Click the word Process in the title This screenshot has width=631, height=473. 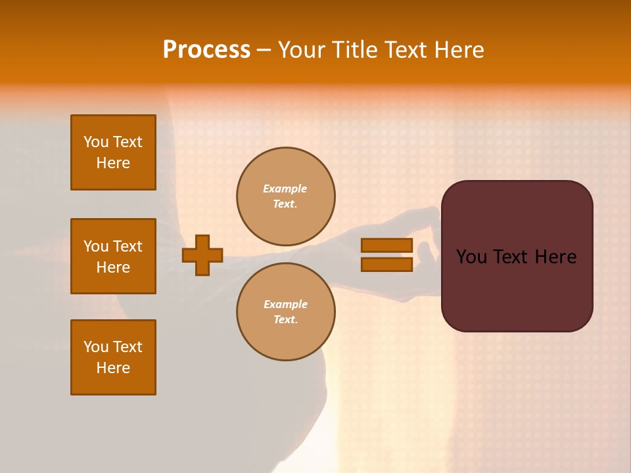tap(206, 50)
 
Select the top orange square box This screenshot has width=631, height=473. tap(113, 152)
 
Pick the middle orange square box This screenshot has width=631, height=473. tap(113, 256)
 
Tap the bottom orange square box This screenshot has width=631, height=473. tap(113, 357)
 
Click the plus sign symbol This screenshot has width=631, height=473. tap(202, 255)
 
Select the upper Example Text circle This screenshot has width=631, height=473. tap(286, 196)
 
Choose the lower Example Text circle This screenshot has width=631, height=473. tap(286, 311)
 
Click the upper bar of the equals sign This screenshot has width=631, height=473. tap(386, 246)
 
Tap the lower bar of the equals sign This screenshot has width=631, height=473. tap(386, 264)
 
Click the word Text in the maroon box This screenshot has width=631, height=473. tap(517, 257)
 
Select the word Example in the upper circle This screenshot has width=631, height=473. tap(285, 189)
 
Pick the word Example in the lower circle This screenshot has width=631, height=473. tap(285, 304)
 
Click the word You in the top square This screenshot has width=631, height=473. tap(96, 142)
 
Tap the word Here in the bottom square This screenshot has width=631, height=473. tap(113, 368)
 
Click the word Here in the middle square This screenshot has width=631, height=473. tap(113, 267)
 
